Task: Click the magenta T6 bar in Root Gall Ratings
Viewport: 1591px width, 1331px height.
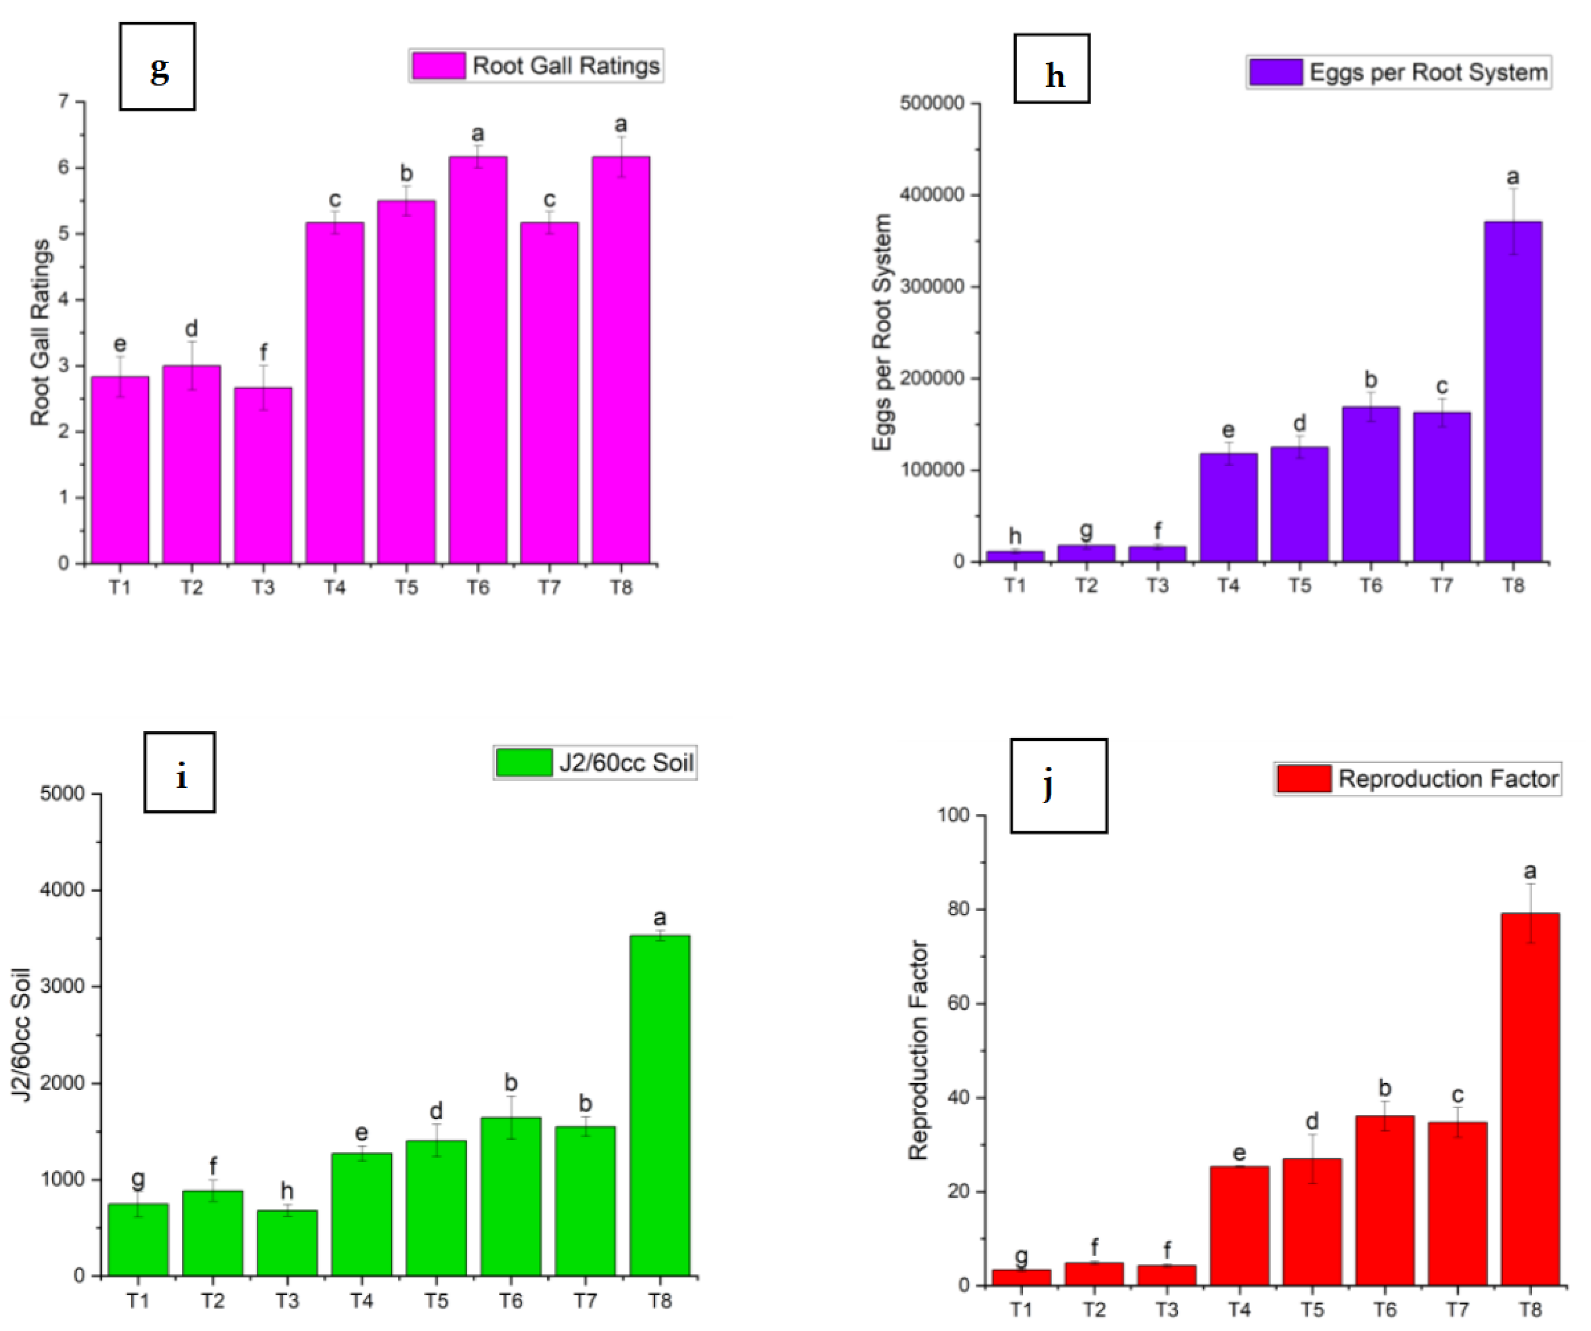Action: pyautogui.click(x=477, y=360)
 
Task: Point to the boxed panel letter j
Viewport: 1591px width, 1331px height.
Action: pyautogui.click(x=1058, y=786)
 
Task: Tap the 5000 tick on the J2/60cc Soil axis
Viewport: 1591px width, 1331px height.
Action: pyautogui.click(x=62, y=794)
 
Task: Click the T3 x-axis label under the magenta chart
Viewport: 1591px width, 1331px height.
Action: pyautogui.click(x=263, y=588)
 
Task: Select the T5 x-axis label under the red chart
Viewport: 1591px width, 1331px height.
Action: pyautogui.click(x=1312, y=1310)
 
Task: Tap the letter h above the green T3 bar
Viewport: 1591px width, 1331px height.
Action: pyautogui.click(x=286, y=1191)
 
